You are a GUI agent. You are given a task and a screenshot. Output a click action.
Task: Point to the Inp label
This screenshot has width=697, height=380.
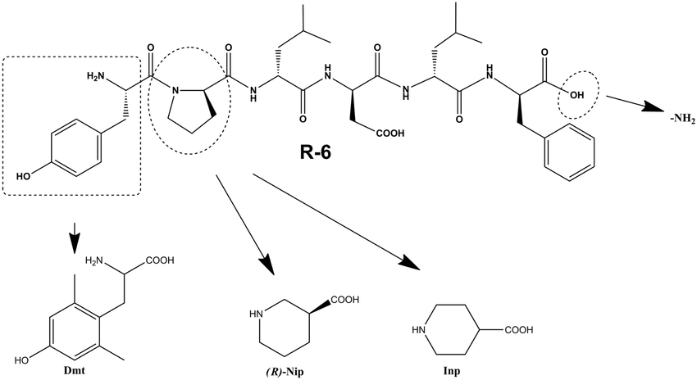coord(451,371)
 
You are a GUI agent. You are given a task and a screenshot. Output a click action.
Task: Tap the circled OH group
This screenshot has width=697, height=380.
coord(577,94)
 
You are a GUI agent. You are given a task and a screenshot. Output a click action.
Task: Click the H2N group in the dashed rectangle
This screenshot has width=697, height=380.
coord(96,77)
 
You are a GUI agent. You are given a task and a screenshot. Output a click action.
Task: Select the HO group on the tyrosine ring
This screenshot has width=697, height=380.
coord(25,176)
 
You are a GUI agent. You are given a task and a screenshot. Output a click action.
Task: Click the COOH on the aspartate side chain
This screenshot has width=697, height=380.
coord(390,133)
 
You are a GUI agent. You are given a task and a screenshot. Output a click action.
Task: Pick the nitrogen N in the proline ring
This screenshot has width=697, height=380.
coord(175,92)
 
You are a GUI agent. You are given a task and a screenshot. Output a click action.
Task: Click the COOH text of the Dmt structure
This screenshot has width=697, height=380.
coord(160,260)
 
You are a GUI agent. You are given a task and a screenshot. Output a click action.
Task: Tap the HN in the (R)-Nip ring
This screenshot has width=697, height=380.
coord(256,314)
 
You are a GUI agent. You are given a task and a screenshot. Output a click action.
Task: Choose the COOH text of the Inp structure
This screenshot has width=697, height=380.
coord(518,330)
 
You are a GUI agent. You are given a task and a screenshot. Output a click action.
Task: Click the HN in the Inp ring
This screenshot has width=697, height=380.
coord(419,330)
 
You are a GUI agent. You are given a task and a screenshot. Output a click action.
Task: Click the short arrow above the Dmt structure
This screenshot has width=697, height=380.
coord(75,236)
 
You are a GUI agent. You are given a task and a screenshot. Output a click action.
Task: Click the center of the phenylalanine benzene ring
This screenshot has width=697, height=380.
coord(570,152)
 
